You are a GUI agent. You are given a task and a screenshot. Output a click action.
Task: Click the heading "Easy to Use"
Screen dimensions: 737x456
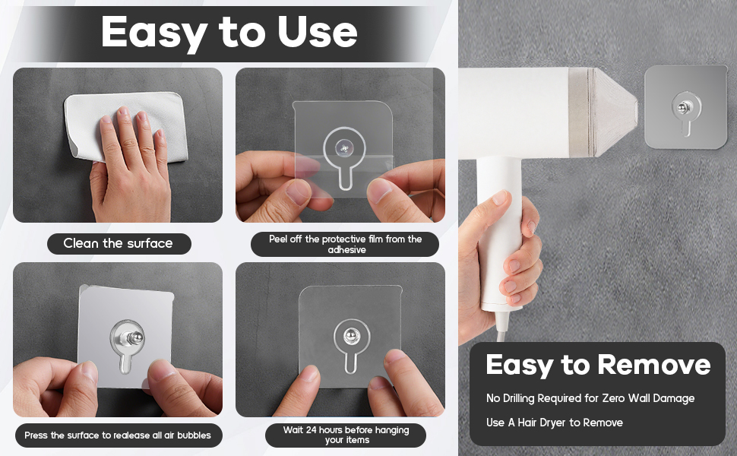point(229,32)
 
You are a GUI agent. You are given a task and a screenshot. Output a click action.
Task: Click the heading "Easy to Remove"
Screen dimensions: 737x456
point(598,366)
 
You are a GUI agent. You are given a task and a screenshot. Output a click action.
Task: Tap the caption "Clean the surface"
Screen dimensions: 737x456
point(118,243)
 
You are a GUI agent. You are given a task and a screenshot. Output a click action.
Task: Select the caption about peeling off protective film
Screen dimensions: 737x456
point(346,244)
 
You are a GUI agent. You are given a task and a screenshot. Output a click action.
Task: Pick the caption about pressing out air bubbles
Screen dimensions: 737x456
point(118,435)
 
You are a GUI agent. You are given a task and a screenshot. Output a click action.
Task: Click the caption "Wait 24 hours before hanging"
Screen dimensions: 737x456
point(346,429)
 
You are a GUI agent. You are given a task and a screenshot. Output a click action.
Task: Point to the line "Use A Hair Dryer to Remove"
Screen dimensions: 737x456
point(554,423)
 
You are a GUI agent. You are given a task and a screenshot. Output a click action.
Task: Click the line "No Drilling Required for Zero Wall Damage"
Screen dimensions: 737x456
point(590,398)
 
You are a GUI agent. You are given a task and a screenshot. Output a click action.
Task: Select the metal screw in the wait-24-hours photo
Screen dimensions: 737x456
point(350,336)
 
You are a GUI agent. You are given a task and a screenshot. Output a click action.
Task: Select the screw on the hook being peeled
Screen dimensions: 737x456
point(343,149)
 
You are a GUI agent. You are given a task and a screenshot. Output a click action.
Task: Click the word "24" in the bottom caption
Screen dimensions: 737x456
point(312,429)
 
